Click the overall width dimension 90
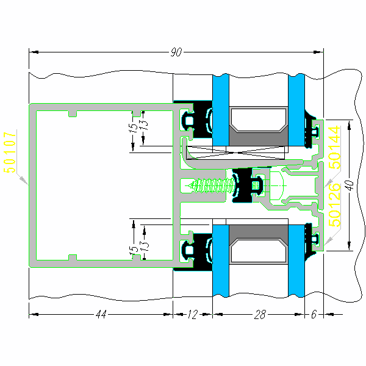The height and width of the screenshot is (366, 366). pyautogui.click(x=176, y=53)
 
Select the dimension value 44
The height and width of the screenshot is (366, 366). pyautogui.click(x=101, y=315)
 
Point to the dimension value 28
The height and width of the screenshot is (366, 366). pyautogui.click(x=260, y=315)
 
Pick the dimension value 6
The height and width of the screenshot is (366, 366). pyautogui.click(x=314, y=315)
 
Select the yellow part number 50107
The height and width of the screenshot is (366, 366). pyautogui.click(x=10, y=152)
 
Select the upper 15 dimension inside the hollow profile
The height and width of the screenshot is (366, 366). pyautogui.click(x=132, y=129)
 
